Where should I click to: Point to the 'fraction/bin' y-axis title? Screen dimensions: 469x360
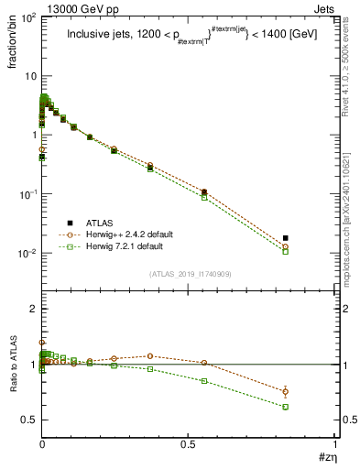point(14,46)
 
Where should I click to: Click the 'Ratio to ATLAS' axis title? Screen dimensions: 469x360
point(14,364)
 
